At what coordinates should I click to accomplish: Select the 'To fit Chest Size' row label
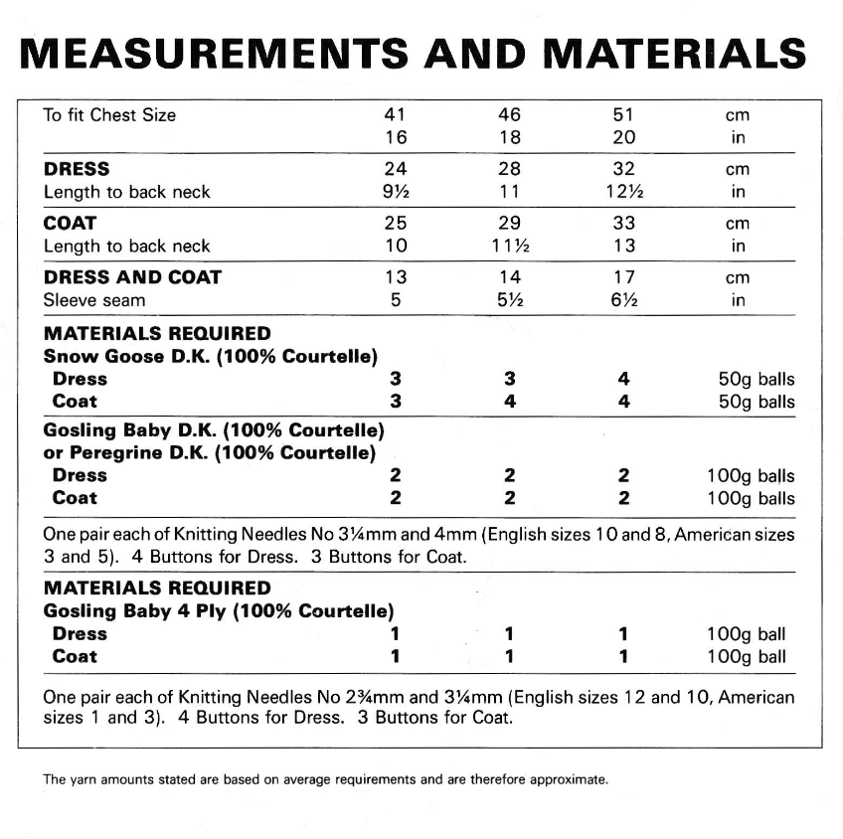109,115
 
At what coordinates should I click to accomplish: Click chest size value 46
509,115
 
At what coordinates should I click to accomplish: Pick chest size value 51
623,115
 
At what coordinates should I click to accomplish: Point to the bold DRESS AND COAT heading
132,278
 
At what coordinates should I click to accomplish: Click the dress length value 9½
396,192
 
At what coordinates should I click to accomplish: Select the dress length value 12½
623,192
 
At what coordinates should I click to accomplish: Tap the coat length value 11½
509,247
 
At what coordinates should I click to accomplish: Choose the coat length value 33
623,224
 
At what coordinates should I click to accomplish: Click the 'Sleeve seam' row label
94,300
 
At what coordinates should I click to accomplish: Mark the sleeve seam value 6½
623,300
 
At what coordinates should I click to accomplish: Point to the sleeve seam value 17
623,278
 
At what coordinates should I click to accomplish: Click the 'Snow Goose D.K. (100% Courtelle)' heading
216,356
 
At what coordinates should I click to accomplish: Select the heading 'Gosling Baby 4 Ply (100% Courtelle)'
219,610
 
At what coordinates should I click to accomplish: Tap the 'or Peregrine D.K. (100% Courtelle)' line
210,453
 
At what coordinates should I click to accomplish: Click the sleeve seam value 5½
509,300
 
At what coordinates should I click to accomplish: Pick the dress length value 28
509,170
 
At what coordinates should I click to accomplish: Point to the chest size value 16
396,137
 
